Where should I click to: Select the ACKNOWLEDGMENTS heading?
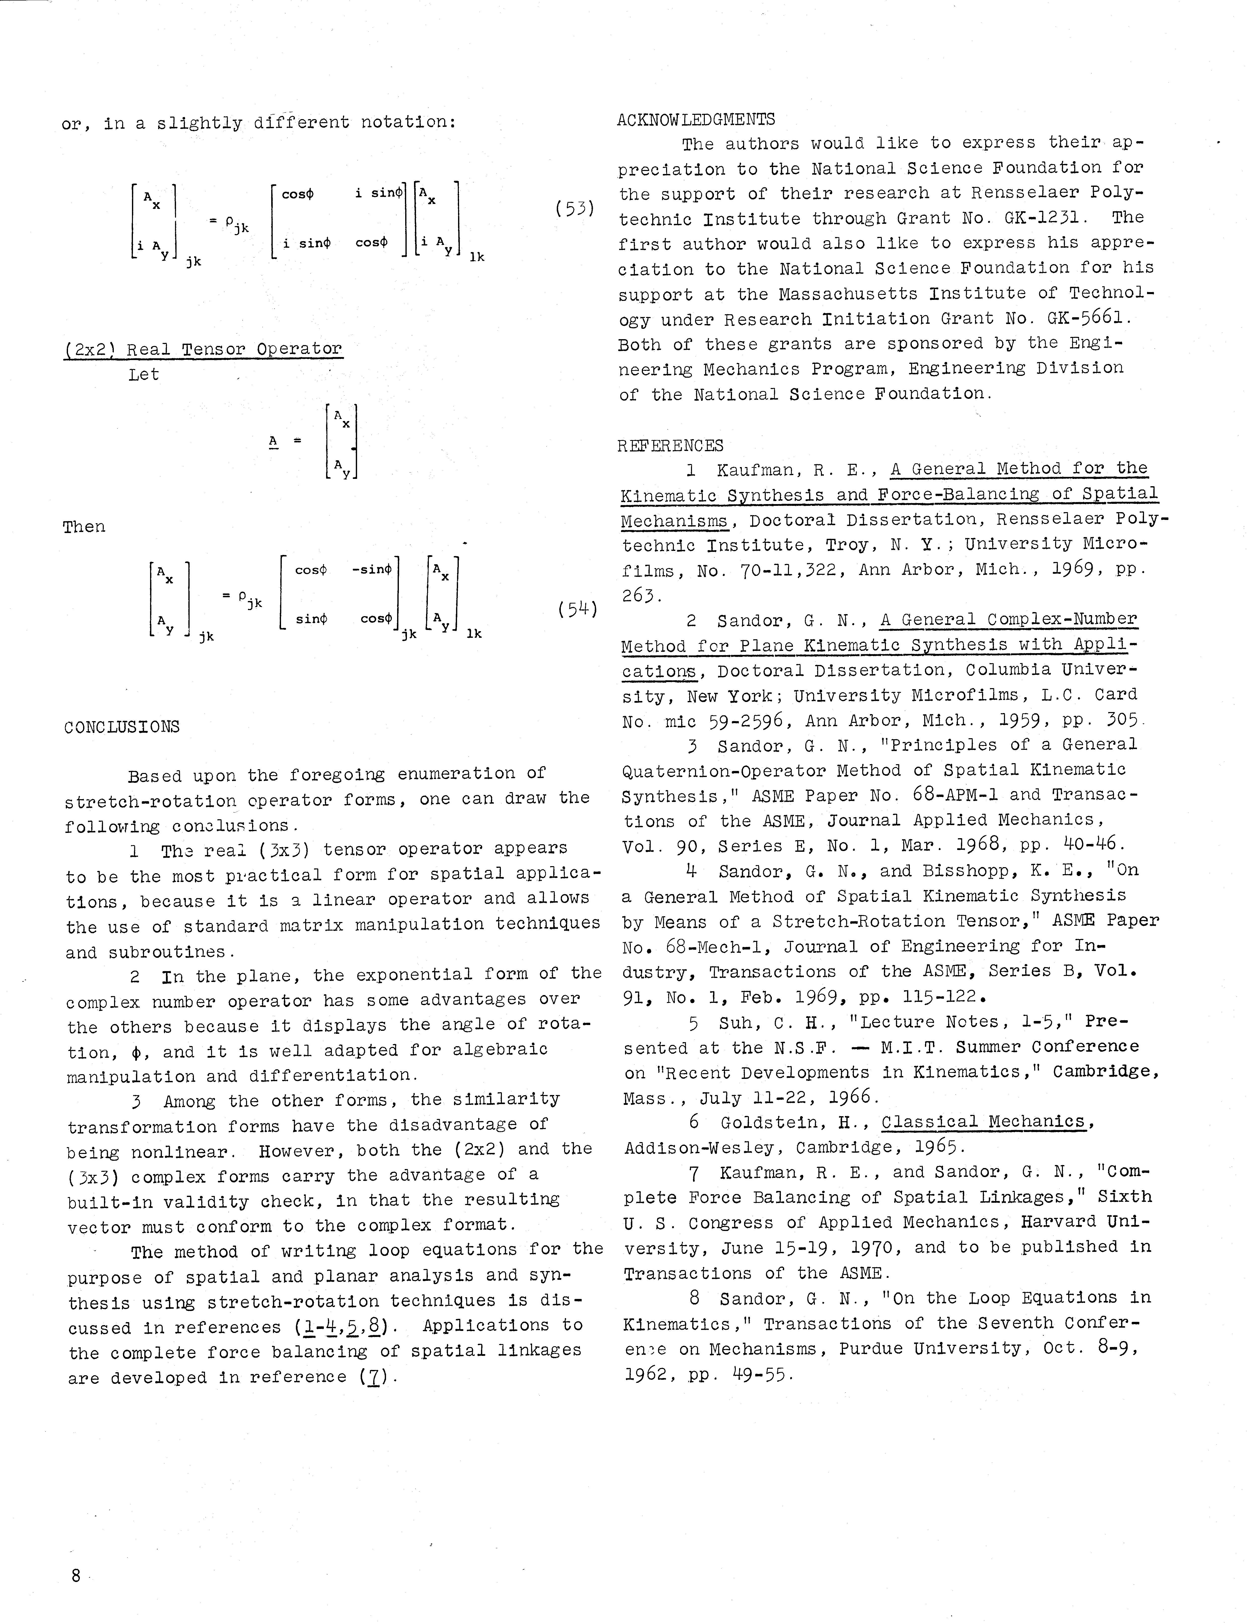click(x=696, y=120)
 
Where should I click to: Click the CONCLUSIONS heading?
click(x=122, y=727)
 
